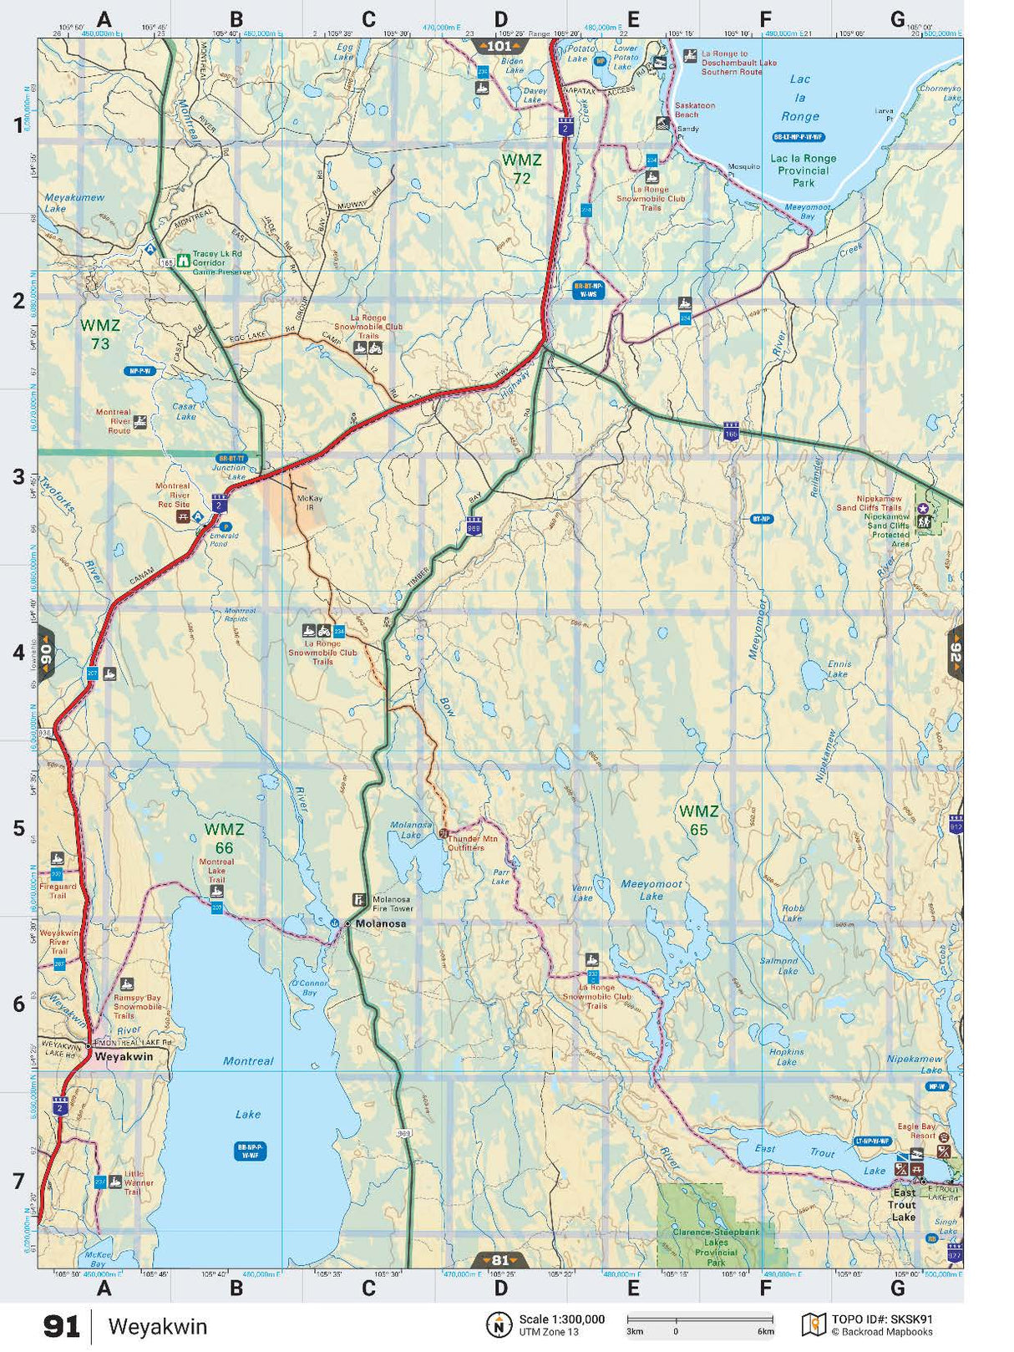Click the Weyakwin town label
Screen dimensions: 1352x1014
pyautogui.click(x=124, y=1056)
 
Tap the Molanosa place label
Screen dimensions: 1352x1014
pyautogui.click(x=381, y=923)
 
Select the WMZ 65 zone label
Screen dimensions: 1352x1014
pyautogui.click(x=698, y=820)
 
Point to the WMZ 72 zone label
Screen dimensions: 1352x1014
pyautogui.click(x=521, y=168)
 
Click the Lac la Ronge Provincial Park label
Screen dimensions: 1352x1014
pyautogui.click(x=803, y=170)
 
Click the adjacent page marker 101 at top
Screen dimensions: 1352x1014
pyautogui.click(x=499, y=46)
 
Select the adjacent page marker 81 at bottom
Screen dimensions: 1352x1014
pyautogui.click(x=499, y=1260)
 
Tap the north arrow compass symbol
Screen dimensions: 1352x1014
pyautogui.click(x=499, y=1324)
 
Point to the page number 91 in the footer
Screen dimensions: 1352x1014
pyautogui.click(x=62, y=1326)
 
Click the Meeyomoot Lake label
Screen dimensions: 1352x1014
pyautogui.click(x=651, y=890)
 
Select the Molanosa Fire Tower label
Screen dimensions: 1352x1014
pyautogui.click(x=393, y=903)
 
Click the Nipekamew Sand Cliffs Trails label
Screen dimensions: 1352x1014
pyautogui.click(x=869, y=503)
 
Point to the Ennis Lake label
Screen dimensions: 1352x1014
pyautogui.click(x=838, y=668)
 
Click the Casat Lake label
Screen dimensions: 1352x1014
pyautogui.click(x=185, y=411)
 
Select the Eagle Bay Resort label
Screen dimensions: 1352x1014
pyautogui.click(x=916, y=1131)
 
